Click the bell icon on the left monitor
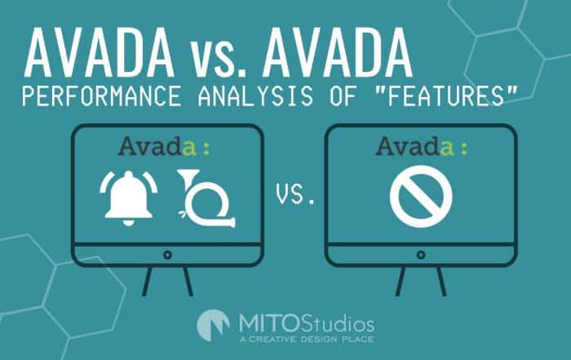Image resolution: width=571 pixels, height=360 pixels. (x=128, y=198)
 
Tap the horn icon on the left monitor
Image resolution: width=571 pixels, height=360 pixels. (x=206, y=198)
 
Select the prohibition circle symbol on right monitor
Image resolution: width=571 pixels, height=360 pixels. (x=421, y=197)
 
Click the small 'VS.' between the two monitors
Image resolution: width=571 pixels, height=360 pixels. (x=295, y=193)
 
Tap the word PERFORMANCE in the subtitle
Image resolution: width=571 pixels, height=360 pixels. (x=102, y=96)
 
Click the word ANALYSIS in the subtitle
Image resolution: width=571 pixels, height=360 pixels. (x=255, y=96)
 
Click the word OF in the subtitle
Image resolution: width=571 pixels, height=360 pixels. (x=343, y=96)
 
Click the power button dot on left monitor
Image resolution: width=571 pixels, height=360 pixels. (x=167, y=255)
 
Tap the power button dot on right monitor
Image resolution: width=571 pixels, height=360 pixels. (x=421, y=255)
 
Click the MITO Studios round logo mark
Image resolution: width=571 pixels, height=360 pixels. (x=214, y=326)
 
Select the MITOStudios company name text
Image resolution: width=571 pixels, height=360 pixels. (x=307, y=323)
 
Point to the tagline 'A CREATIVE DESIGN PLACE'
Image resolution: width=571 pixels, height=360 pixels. (x=307, y=340)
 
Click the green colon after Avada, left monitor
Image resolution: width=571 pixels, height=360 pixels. (x=206, y=149)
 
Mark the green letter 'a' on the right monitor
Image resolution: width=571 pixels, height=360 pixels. (x=447, y=149)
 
